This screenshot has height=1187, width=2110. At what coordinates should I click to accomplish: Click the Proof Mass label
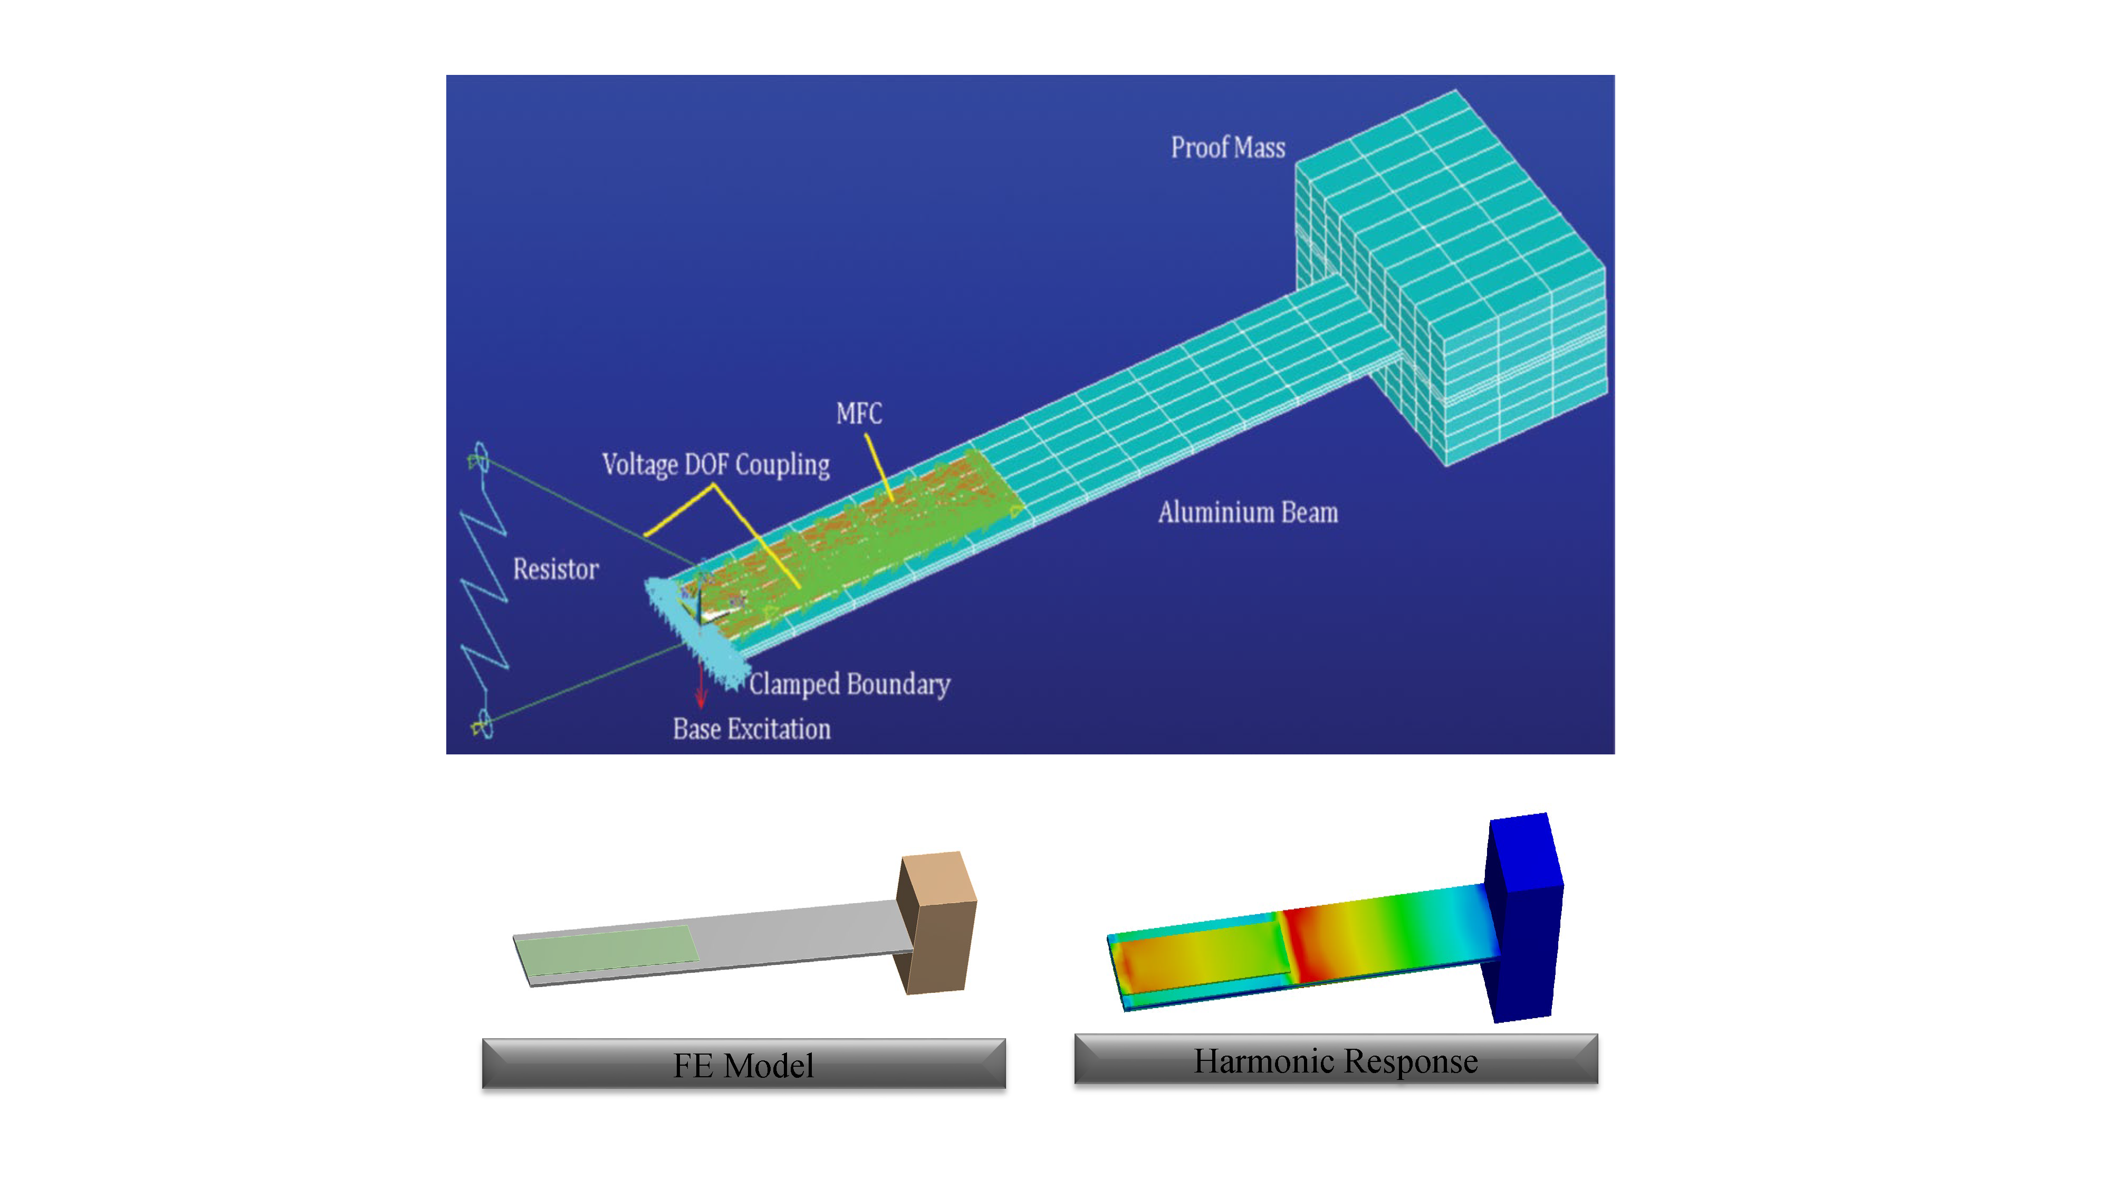click(1228, 148)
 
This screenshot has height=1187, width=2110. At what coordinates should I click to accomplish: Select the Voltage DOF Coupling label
click(716, 464)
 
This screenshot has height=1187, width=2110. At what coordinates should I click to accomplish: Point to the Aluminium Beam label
click(1248, 512)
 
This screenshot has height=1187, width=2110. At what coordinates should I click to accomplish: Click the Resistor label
click(555, 569)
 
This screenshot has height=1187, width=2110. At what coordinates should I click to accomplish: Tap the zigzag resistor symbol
click(485, 590)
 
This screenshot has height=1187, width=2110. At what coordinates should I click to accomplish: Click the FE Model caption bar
click(744, 1064)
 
